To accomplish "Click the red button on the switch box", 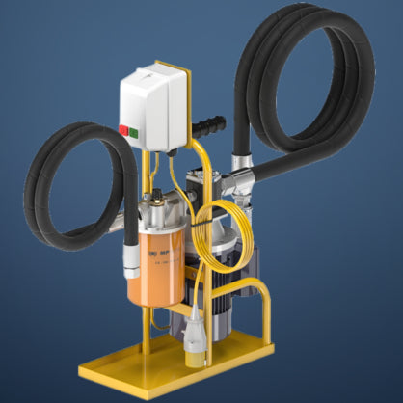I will click(x=123, y=128).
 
